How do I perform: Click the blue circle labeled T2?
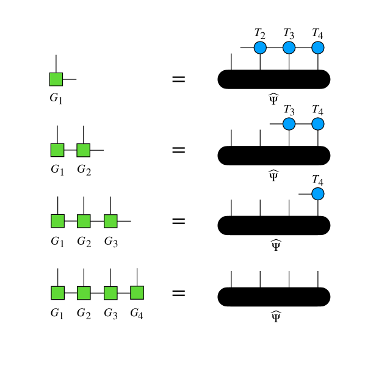tap(260, 48)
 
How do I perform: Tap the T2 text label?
tap(260, 33)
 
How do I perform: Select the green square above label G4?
tap(137, 292)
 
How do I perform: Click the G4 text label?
tap(137, 314)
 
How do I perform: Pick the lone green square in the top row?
tap(56, 79)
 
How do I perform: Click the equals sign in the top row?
tap(178, 79)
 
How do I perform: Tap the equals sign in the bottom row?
tap(178, 293)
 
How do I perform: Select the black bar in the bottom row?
tap(273, 296)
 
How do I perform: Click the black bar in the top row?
tap(273, 79)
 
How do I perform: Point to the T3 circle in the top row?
tap(289, 48)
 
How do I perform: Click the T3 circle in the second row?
tap(289, 124)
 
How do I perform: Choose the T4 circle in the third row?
tap(317, 194)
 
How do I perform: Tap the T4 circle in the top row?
tap(317, 48)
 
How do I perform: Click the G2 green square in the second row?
tap(84, 150)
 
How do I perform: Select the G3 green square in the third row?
tap(110, 220)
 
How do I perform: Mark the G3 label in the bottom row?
tap(110, 314)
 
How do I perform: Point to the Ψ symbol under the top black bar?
tap(273, 99)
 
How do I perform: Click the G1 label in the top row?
tap(56, 98)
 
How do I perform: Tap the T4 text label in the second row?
tap(317, 110)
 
